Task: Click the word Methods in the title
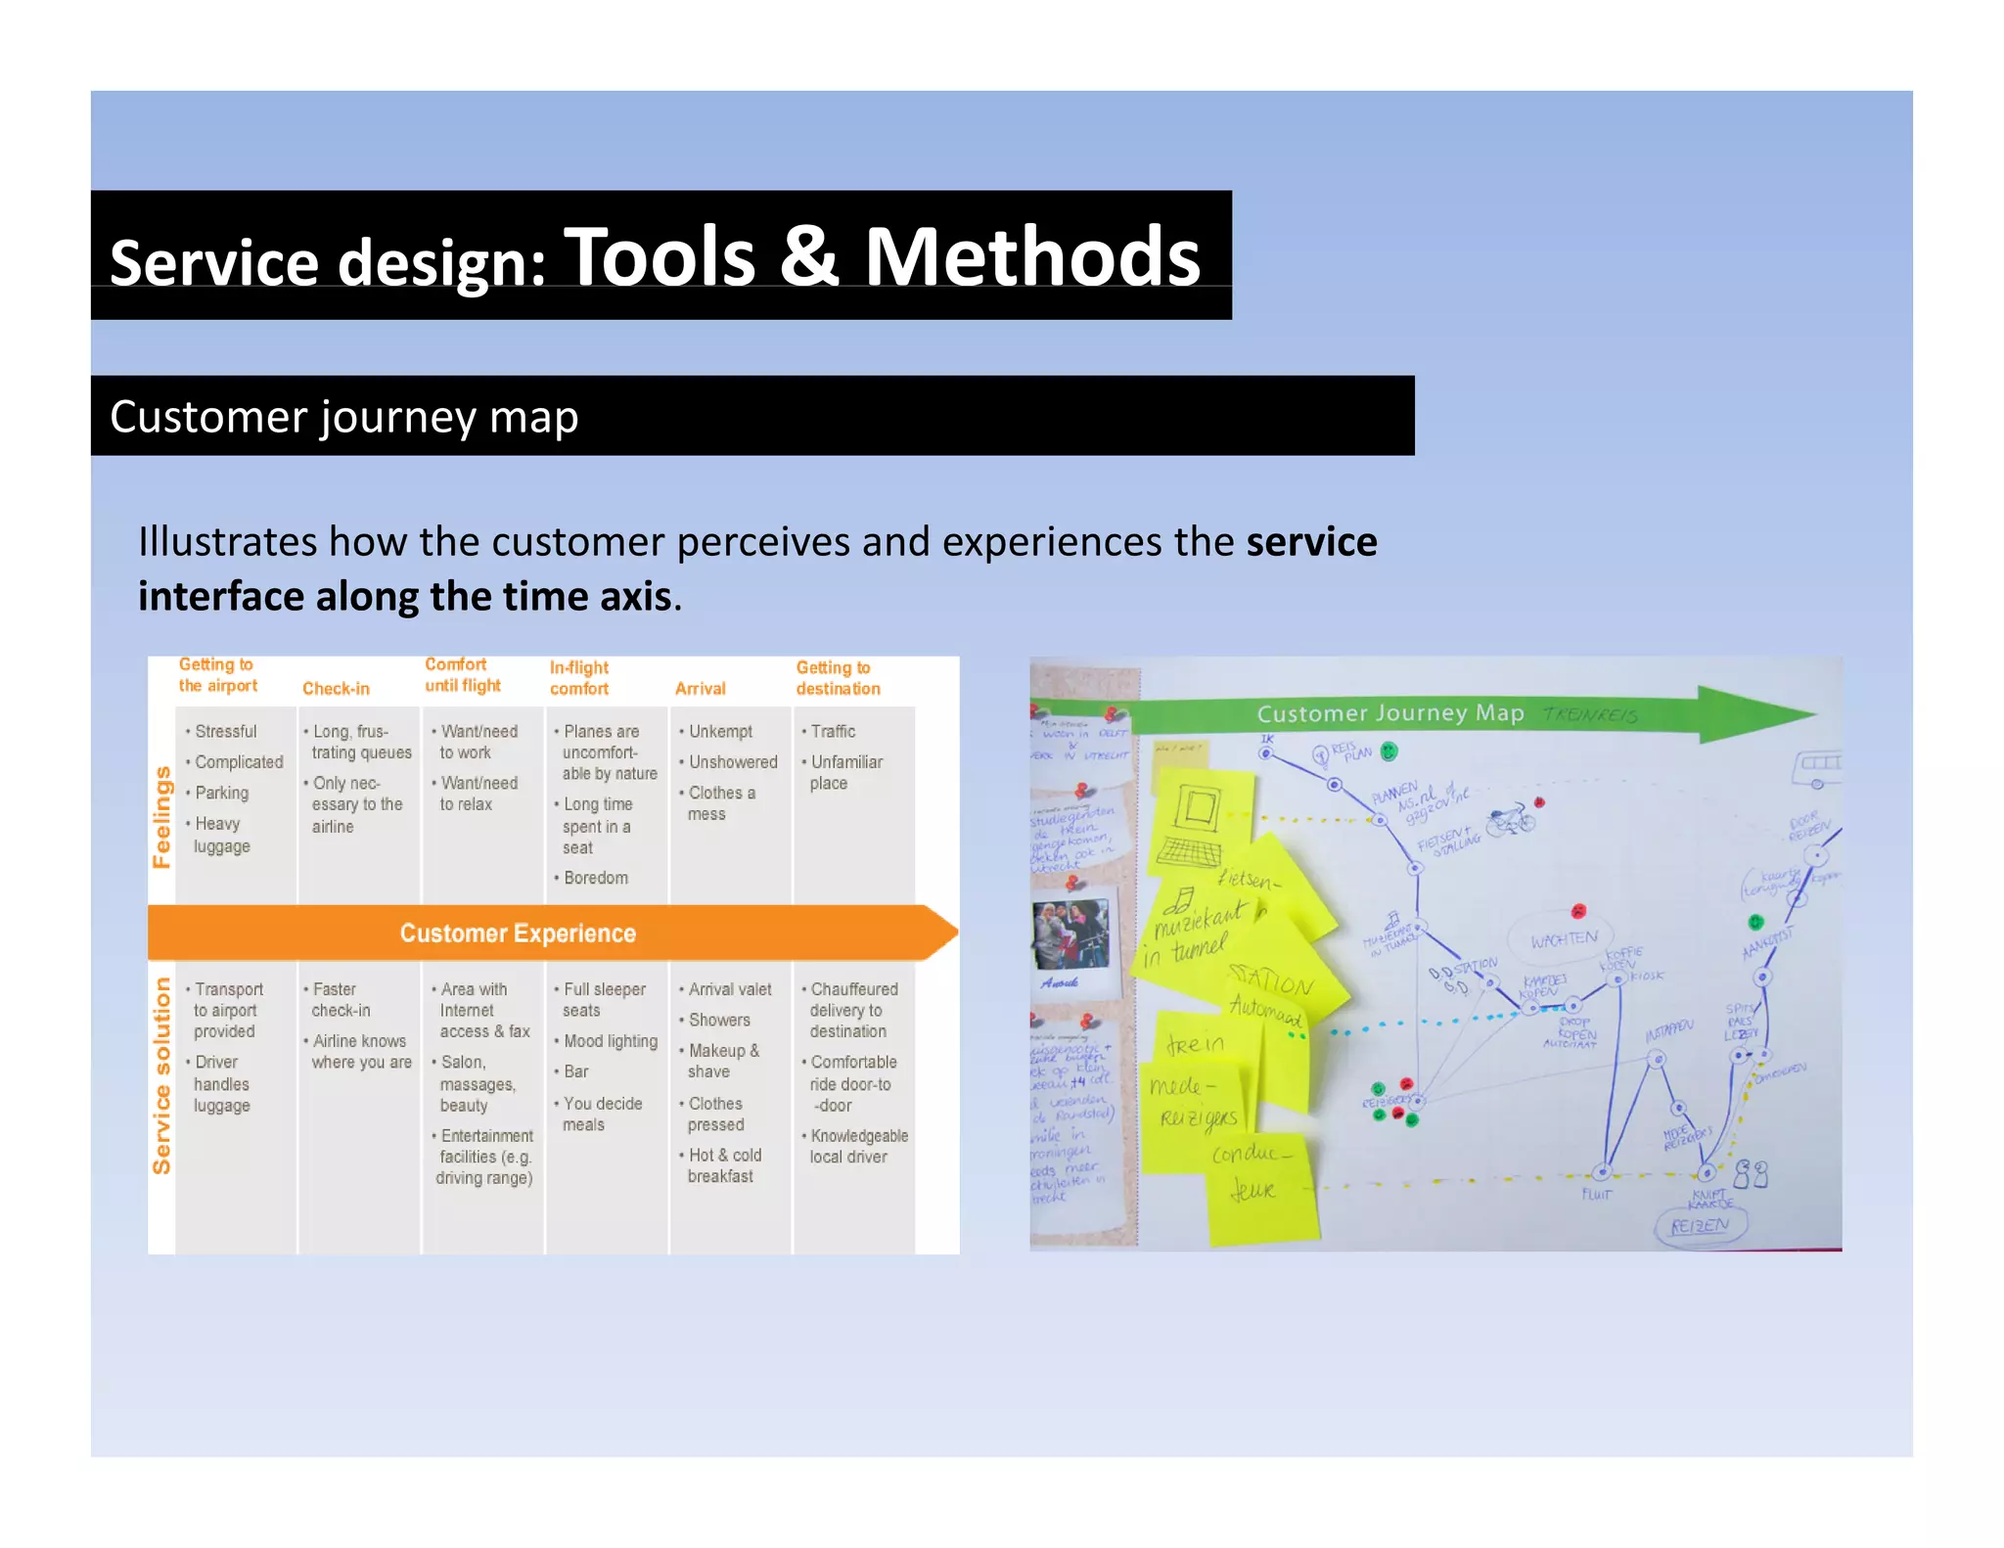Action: click(1031, 256)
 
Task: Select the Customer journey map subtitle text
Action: click(343, 417)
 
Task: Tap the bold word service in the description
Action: click(1311, 541)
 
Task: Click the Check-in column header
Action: click(336, 688)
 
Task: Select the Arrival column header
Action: click(700, 688)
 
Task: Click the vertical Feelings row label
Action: click(161, 816)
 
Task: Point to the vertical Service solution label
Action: click(161, 1075)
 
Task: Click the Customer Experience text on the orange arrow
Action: click(518, 933)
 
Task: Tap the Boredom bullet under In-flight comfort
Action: click(595, 878)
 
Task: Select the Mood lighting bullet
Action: click(610, 1041)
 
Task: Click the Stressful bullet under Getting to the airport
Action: click(225, 731)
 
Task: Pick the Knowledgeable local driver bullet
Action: click(858, 1146)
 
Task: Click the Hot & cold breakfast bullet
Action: click(723, 1165)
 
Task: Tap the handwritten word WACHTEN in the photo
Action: click(1563, 939)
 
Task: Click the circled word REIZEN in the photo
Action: click(1699, 1226)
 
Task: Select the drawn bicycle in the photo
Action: click(1510, 819)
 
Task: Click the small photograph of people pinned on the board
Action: click(1070, 936)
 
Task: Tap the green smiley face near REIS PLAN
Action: click(1389, 751)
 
